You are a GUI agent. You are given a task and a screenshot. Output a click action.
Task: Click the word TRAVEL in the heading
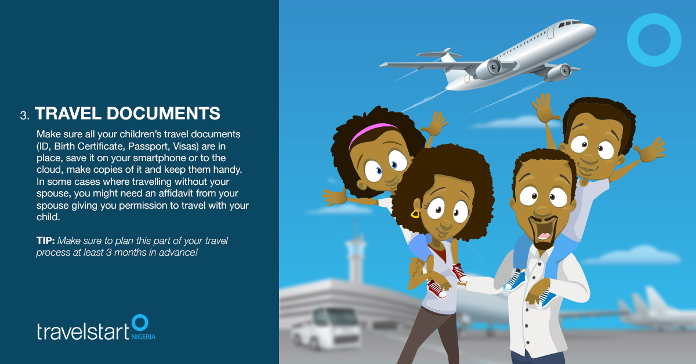[x=68, y=113]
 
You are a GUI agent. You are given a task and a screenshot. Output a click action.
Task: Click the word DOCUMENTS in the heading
[x=164, y=113]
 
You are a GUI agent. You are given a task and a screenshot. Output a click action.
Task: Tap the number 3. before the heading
[x=24, y=115]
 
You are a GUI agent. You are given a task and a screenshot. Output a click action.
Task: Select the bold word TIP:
[x=45, y=241]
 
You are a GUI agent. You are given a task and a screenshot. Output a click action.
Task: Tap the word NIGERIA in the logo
[x=143, y=337]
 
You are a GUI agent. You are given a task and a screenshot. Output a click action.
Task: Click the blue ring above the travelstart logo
[x=140, y=315]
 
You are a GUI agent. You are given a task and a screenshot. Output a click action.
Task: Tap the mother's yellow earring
[x=415, y=214]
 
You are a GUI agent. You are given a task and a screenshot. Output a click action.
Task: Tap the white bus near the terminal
[x=326, y=329]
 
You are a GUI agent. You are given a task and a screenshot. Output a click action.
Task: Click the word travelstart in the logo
[x=83, y=331]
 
